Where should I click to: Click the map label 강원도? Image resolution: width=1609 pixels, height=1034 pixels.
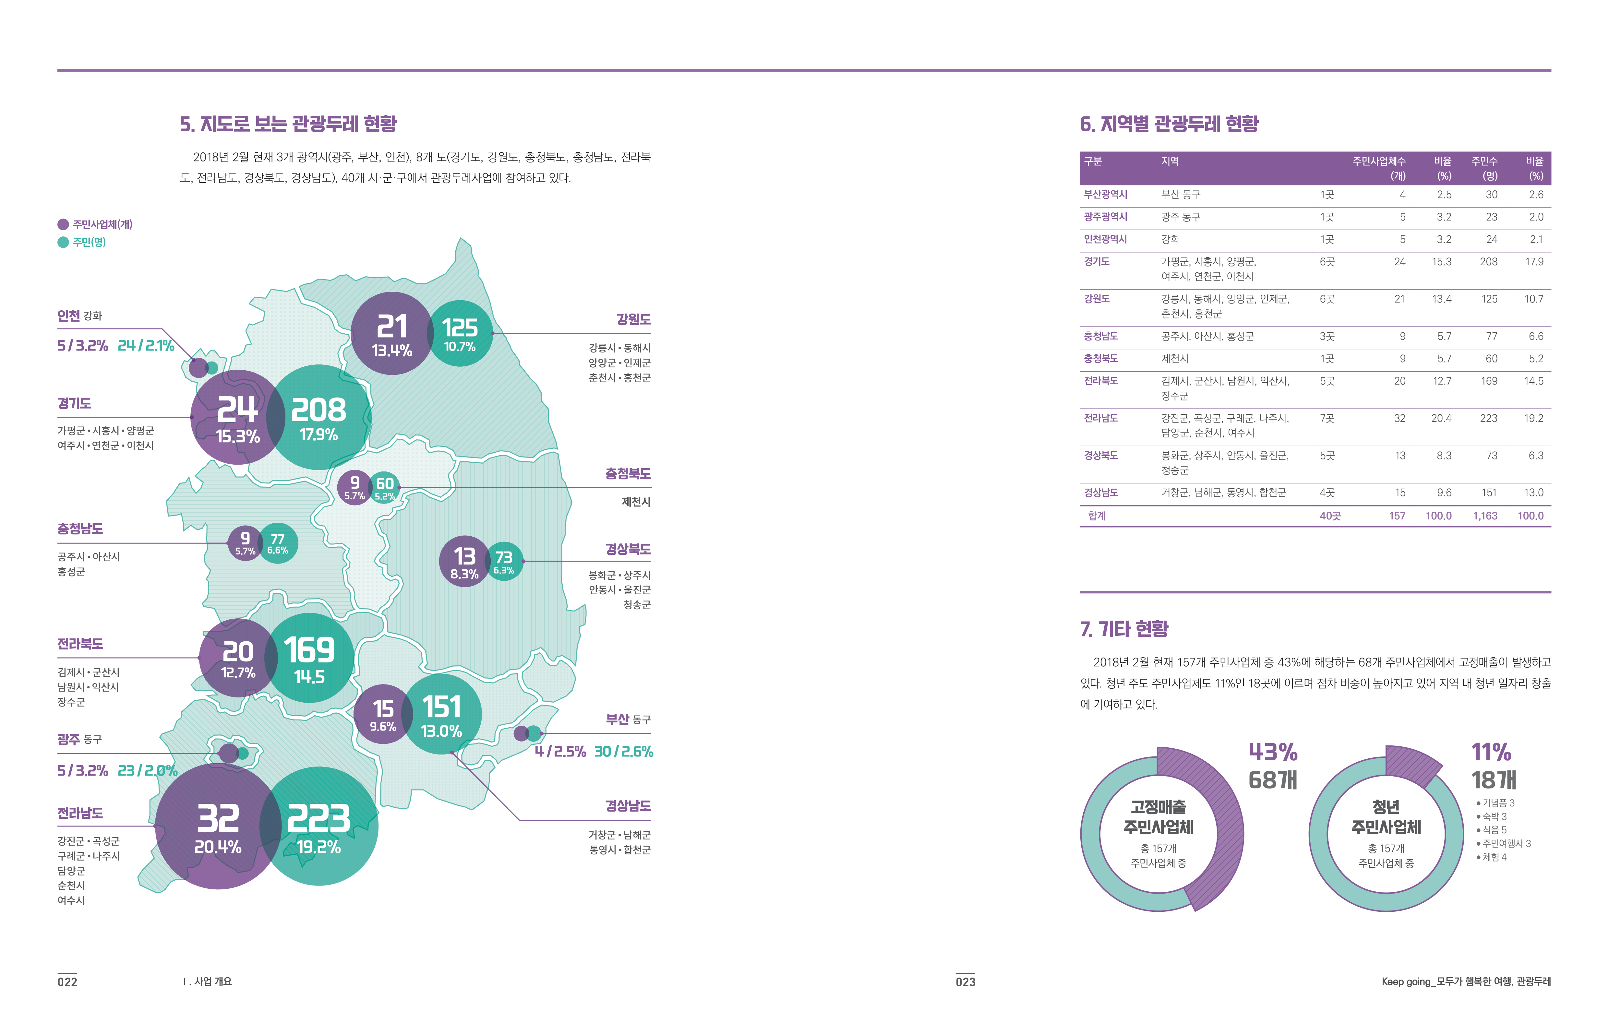click(633, 320)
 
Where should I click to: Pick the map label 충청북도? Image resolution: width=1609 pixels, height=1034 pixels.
click(627, 474)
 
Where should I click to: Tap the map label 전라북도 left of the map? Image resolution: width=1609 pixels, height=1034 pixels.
click(80, 644)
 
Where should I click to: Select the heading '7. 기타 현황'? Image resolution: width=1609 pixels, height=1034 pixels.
click(1123, 629)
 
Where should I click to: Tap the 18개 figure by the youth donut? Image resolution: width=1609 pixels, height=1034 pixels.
click(1494, 780)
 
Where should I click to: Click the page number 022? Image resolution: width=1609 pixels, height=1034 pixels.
click(67, 981)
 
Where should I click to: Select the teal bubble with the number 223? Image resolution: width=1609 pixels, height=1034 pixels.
click(319, 826)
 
